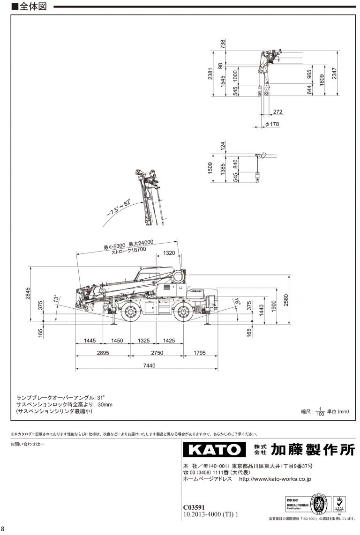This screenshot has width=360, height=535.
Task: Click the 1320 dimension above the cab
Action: (x=169, y=253)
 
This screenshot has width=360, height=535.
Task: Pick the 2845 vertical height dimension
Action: (x=28, y=293)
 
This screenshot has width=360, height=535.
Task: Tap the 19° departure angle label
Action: (x=237, y=301)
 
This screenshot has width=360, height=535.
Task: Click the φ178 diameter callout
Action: (x=272, y=124)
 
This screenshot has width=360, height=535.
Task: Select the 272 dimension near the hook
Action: (x=277, y=112)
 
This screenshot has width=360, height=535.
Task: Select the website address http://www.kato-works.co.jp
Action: (x=275, y=479)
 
